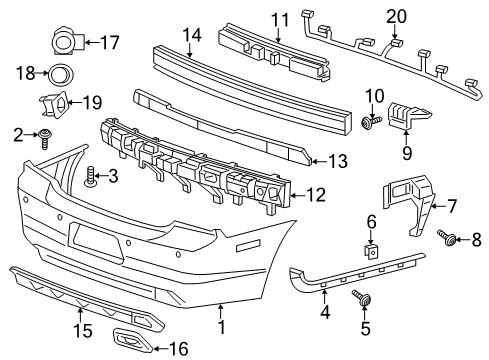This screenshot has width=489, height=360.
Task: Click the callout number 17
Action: coord(110,42)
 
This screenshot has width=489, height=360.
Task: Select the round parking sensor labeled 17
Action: coord(67,42)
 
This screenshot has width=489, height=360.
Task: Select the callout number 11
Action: coord(279,19)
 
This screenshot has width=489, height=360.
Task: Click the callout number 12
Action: coord(316,195)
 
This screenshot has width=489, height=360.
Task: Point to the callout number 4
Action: coord(324,312)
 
